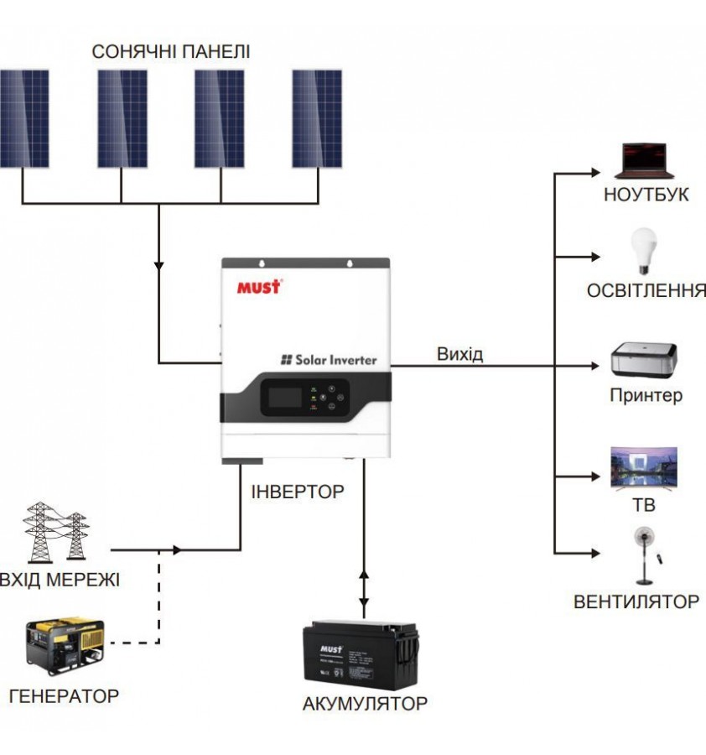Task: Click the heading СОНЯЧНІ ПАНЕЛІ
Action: (x=171, y=52)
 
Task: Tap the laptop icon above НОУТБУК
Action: (x=644, y=160)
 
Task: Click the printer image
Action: (x=644, y=360)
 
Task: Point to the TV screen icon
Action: (x=643, y=468)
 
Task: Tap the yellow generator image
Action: (x=65, y=647)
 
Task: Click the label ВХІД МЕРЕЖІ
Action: (x=60, y=580)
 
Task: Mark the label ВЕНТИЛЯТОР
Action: (x=636, y=601)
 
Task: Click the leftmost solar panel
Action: (x=24, y=117)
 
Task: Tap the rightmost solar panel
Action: (x=317, y=117)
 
